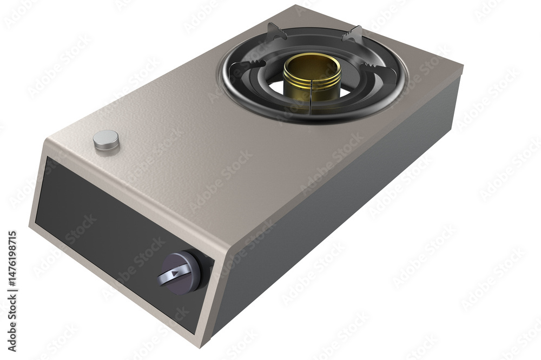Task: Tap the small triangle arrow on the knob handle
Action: click(175, 274)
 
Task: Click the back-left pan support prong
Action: click(275, 32)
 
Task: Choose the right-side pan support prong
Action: click(376, 68)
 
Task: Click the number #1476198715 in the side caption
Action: click(12, 260)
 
